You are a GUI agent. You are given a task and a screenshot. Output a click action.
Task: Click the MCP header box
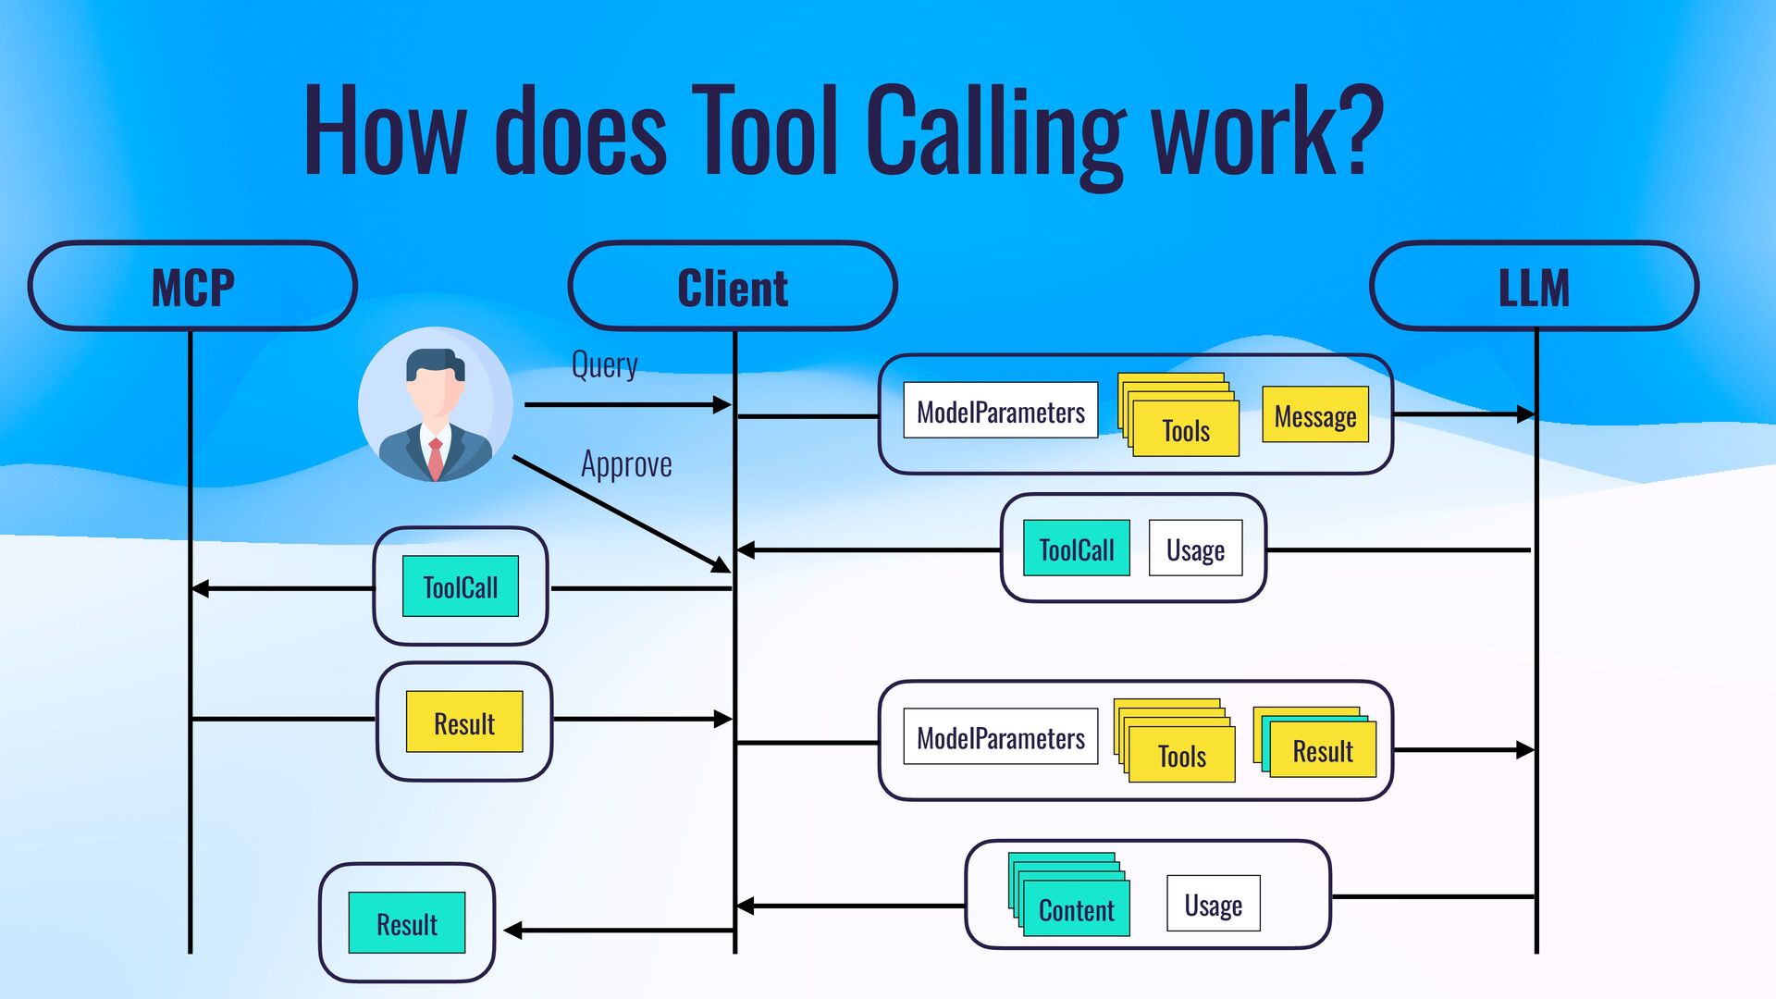(x=192, y=286)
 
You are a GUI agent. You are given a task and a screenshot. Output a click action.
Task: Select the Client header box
(x=733, y=286)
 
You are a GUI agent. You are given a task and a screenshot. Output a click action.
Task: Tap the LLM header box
(x=1534, y=286)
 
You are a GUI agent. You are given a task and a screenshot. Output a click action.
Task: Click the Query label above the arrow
(x=604, y=365)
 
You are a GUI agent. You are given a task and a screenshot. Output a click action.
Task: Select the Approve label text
(x=626, y=464)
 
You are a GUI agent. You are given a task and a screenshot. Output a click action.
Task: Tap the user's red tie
(x=435, y=457)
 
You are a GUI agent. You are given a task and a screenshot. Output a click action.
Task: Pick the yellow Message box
(x=1314, y=415)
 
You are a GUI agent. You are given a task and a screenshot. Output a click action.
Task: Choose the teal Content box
(x=1076, y=909)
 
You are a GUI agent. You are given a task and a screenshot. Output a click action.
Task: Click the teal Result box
(x=407, y=923)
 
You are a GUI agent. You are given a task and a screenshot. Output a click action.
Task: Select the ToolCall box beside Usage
(x=1076, y=549)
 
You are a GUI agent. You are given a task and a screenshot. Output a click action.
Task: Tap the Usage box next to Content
(x=1213, y=904)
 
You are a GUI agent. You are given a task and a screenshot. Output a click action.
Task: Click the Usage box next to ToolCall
(x=1195, y=549)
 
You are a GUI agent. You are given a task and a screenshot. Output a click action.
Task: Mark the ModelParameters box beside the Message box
(x=1000, y=411)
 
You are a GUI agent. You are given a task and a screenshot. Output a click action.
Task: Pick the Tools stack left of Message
(x=1184, y=428)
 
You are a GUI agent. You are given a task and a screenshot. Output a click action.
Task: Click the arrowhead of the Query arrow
(x=722, y=404)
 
